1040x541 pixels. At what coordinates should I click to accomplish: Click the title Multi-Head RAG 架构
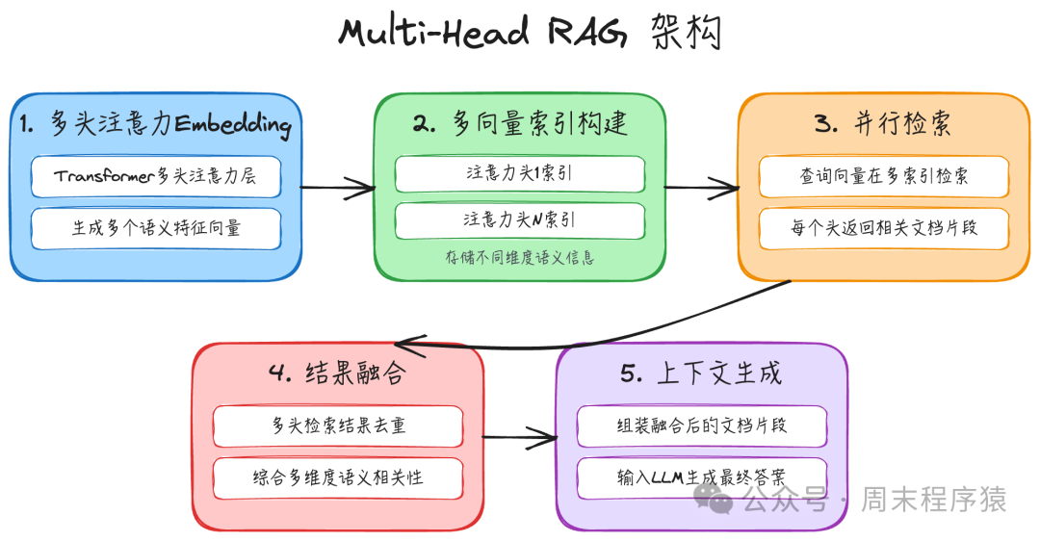(530, 33)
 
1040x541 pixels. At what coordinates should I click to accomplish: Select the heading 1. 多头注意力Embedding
(155, 124)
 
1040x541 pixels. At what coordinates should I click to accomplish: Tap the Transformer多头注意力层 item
(155, 176)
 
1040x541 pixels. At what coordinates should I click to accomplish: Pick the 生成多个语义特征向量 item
(155, 228)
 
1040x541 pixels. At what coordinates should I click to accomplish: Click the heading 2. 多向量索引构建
(520, 124)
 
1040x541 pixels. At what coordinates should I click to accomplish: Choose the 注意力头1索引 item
(520, 174)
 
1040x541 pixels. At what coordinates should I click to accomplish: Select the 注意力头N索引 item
(520, 220)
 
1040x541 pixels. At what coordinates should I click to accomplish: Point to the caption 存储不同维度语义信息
(520, 258)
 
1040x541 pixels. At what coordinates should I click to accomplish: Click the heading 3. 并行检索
(883, 124)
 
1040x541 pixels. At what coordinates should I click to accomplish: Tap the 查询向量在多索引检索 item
(883, 176)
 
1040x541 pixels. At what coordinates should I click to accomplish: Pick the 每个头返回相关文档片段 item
(883, 228)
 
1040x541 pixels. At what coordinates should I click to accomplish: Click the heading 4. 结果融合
(338, 374)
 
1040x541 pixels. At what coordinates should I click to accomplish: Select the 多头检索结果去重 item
(338, 425)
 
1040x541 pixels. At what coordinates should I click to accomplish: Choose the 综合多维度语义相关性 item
(338, 477)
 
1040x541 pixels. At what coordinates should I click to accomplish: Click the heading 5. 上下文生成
(701, 374)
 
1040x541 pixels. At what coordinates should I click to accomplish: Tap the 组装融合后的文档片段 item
(701, 425)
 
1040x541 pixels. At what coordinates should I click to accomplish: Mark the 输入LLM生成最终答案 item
(701, 477)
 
